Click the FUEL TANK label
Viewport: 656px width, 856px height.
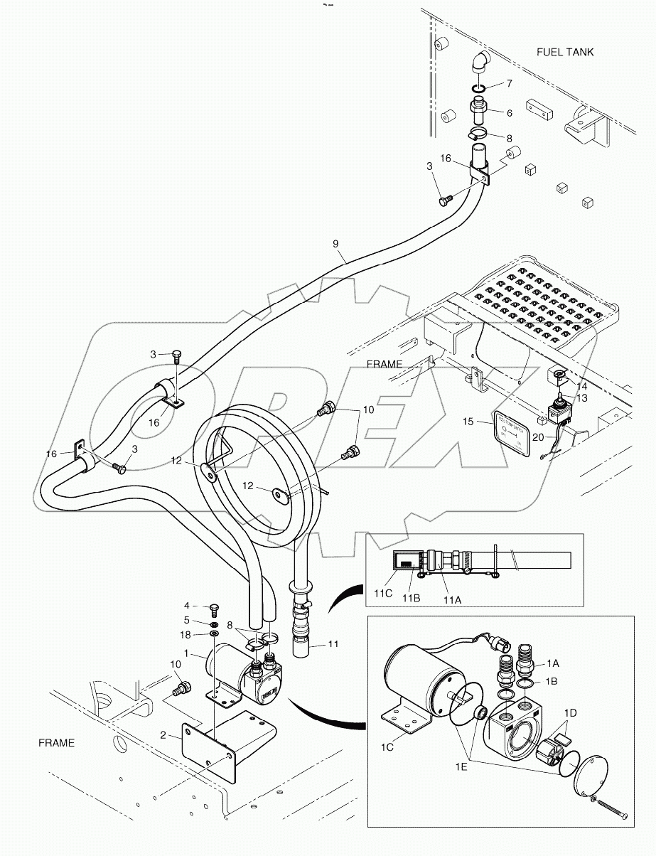point(564,52)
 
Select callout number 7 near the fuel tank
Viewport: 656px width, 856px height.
point(509,84)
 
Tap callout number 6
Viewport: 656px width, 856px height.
point(509,113)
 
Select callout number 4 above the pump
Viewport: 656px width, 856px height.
point(187,606)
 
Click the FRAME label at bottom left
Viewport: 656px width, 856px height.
point(56,743)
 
